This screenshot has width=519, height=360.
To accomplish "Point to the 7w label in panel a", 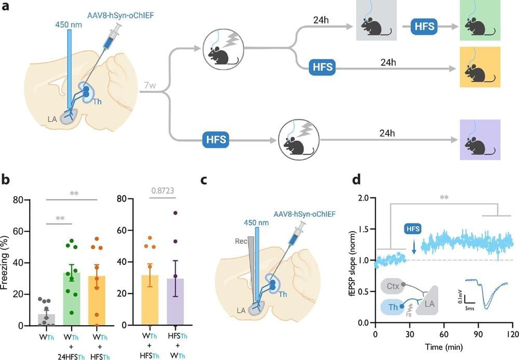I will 149,85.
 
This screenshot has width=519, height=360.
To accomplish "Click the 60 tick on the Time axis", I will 444,333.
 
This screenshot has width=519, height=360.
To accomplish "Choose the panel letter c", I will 204,180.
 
